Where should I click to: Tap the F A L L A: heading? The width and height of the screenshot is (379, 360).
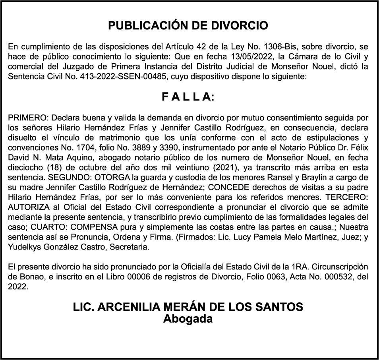pyautogui.click(x=188, y=97)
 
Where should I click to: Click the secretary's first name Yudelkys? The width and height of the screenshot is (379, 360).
pyautogui.click(x=25, y=247)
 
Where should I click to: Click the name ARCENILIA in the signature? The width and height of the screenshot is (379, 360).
pyautogui.click(x=128, y=307)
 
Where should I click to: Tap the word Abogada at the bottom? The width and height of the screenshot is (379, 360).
pyautogui.click(x=188, y=319)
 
